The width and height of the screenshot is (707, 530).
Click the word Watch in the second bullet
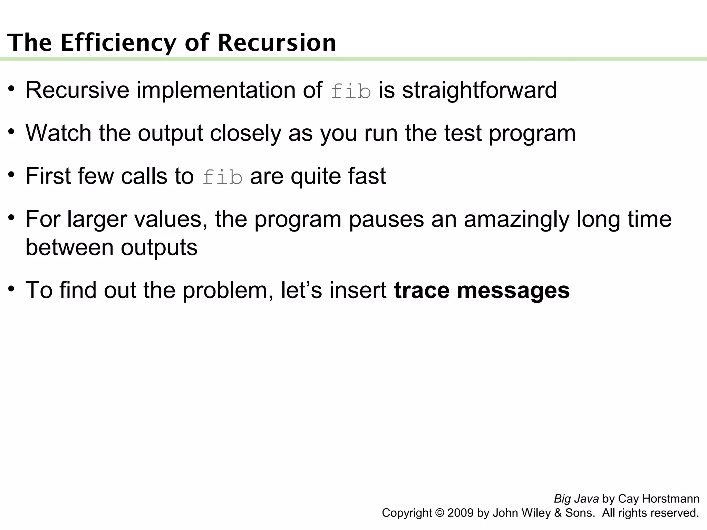(x=58, y=133)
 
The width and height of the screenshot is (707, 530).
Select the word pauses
(x=386, y=219)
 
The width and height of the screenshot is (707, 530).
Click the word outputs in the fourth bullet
(x=159, y=247)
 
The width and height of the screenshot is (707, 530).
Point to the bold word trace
(x=422, y=290)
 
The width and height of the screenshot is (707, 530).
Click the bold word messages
(x=513, y=290)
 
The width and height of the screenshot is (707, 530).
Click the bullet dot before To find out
(x=12, y=288)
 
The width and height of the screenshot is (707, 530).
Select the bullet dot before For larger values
(x=12, y=217)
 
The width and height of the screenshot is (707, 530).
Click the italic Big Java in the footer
(x=576, y=499)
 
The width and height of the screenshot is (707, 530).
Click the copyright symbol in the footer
(x=439, y=513)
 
